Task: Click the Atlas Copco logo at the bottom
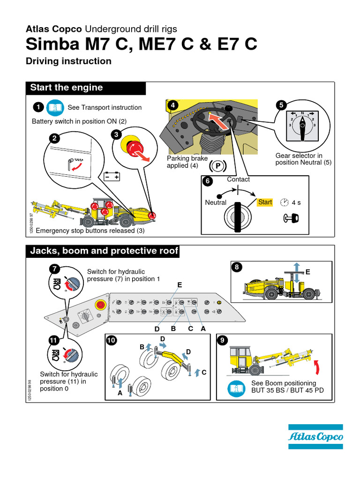point(315,437)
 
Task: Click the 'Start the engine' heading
point(66,88)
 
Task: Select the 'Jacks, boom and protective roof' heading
point(104,251)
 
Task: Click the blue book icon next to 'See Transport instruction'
point(55,107)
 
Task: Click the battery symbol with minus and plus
point(112,177)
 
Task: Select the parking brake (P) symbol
point(218,166)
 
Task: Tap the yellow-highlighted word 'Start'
point(265,202)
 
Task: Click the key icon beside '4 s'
point(290,217)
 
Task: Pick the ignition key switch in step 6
point(238,216)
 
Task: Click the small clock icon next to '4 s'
point(284,202)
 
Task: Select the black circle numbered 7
point(55,269)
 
